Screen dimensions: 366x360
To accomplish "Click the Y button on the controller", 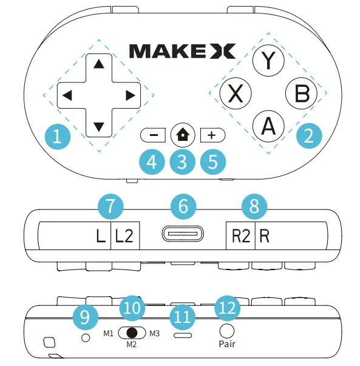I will pyautogui.click(x=268, y=59).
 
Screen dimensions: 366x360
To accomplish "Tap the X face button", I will pyautogui.click(x=237, y=94).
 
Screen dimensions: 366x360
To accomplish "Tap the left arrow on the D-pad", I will pyautogui.click(x=67, y=95).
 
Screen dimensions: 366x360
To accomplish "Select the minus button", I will pyautogui.click(x=153, y=135).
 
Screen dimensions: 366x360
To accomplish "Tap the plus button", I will pyautogui.click(x=211, y=135).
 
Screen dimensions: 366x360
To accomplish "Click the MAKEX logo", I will pyautogui.click(x=182, y=51).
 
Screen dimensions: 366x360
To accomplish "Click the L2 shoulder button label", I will pyautogui.click(x=124, y=236).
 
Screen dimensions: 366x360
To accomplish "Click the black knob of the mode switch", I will pyautogui.click(x=131, y=333).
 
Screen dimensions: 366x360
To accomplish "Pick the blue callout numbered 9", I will pyautogui.click(x=84, y=314).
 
